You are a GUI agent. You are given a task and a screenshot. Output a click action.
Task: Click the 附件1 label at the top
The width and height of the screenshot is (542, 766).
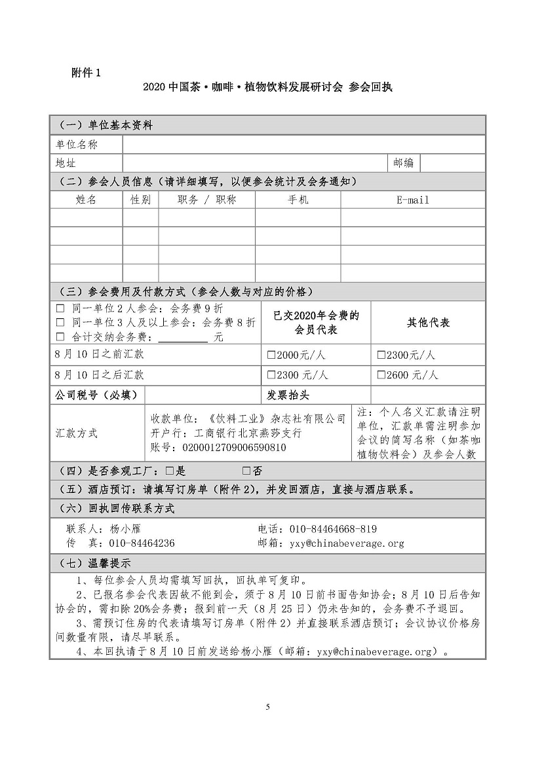[x=86, y=73]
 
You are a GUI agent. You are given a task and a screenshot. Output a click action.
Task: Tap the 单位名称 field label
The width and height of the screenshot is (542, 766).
[x=77, y=145]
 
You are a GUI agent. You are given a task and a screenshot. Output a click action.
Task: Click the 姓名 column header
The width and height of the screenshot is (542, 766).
[x=86, y=200]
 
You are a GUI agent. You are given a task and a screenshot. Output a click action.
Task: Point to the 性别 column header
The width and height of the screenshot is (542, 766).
[x=140, y=200]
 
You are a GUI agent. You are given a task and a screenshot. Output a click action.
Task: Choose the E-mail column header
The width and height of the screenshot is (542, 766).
[x=412, y=200]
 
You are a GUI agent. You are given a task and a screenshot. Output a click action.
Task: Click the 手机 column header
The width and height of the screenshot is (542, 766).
[x=298, y=200]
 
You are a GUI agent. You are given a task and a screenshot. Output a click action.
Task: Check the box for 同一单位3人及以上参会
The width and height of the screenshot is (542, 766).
[x=60, y=322]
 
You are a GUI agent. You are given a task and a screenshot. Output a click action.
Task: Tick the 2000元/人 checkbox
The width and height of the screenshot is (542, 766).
[x=272, y=356]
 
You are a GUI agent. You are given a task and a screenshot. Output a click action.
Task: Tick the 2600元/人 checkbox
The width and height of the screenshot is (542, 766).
[x=381, y=376]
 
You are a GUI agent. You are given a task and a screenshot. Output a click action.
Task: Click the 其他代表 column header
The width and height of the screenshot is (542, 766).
[x=428, y=323]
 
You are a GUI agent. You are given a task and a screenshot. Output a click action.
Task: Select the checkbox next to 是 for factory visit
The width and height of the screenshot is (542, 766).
[x=169, y=470]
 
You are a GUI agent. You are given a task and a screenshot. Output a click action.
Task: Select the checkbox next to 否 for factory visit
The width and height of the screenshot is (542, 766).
[x=246, y=470]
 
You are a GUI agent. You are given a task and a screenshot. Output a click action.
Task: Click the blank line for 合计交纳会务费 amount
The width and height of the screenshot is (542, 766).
[x=184, y=338]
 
